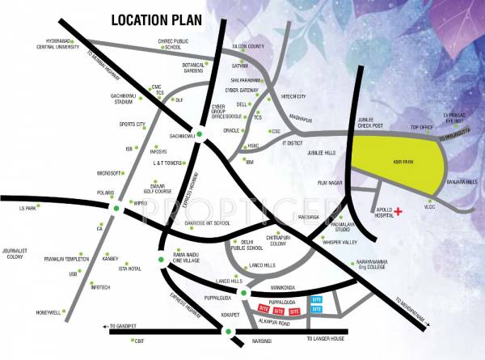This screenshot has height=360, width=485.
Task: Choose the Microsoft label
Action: tap(108, 173)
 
